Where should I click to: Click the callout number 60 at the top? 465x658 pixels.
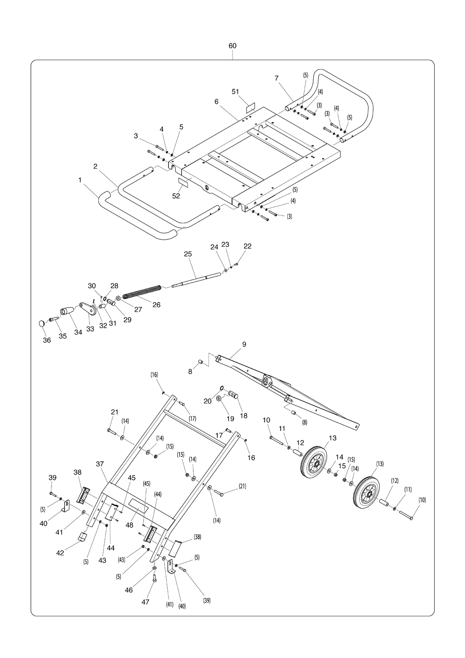click(x=232, y=46)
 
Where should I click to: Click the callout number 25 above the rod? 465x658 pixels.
click(x=188, y=254)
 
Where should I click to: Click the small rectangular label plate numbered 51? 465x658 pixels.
click(x=250, y=107)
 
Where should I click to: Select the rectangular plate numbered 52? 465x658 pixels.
click(x=183, y=182)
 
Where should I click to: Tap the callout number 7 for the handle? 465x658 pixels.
click(x=276, y=79)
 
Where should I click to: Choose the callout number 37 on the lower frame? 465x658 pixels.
click(x=100, y=464)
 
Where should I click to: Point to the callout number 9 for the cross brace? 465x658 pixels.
click(x=244, y=344)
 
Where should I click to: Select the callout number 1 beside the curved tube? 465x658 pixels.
click(x=80, y=180)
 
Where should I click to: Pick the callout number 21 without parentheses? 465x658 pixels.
click(x=115, y=412)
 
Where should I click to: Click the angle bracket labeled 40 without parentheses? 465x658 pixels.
click(x=66, y=505)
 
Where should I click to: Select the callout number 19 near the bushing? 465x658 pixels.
click(x=231, y=418)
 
